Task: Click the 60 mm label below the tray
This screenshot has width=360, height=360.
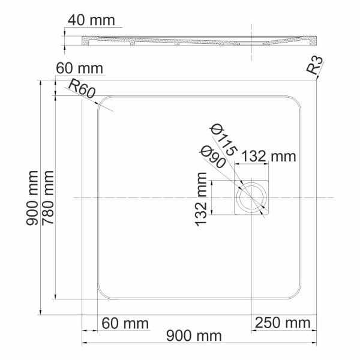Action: point(125,323)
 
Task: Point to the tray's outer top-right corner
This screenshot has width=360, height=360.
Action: point(315,80)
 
